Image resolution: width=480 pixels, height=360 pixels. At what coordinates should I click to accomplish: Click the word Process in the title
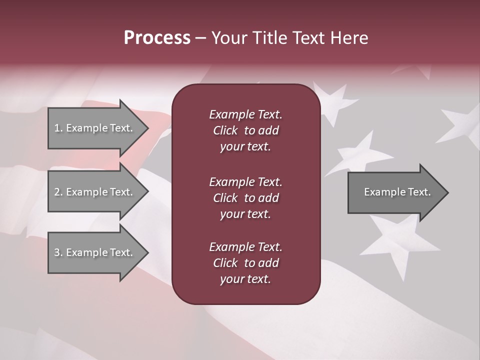point(157,38)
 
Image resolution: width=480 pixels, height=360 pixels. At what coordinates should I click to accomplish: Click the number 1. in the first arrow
point(58,128)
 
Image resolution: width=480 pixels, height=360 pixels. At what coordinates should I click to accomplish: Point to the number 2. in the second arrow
point(58,192)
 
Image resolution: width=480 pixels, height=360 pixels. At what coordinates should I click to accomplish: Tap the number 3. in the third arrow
point(58,252)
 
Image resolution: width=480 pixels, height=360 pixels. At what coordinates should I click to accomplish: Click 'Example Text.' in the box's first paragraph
point(245,114)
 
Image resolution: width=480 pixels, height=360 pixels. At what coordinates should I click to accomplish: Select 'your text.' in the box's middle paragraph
point(245,214)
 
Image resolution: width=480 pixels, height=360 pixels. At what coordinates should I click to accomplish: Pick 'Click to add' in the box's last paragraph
point(245,263)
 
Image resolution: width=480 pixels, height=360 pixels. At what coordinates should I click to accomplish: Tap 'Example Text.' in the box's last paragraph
point(245,247)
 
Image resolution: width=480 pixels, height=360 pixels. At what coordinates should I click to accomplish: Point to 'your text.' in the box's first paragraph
point(245,146)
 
